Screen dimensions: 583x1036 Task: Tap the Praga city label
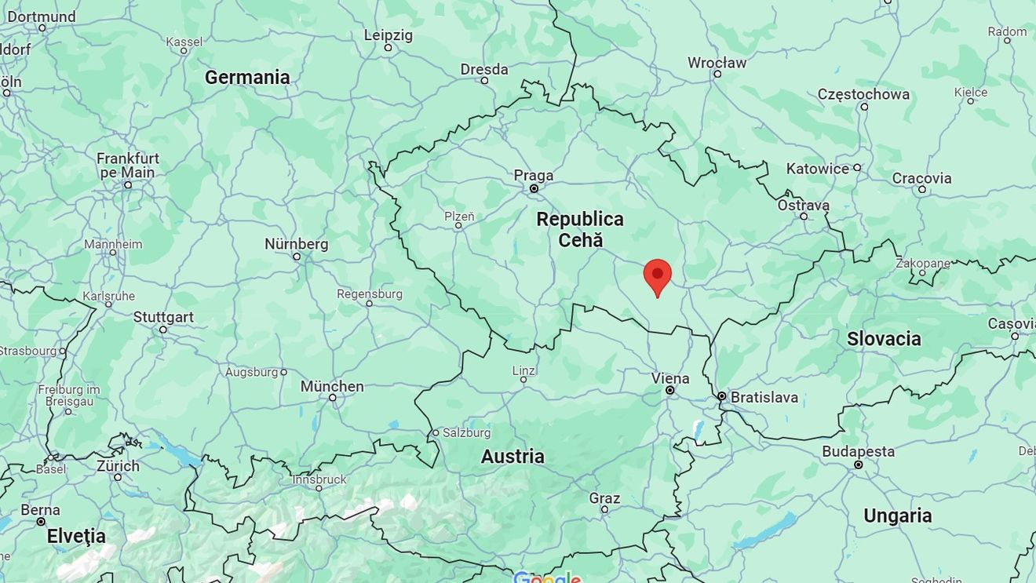point(534,176)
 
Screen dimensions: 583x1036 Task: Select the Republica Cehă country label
point(580,230)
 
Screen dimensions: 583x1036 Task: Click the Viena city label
point(670,378)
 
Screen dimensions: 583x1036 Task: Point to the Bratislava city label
point(764,397)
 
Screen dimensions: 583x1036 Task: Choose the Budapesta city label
point(858,452)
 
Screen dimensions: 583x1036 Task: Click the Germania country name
point(247,77)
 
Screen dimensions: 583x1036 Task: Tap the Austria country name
point(513,457)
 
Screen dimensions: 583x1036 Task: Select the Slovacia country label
point(884,339)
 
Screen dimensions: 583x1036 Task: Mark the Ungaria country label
point(898,516)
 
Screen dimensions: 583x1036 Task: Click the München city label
point(332,386)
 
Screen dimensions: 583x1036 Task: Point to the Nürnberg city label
point(296,244)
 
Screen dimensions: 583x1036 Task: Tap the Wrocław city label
point(717,63)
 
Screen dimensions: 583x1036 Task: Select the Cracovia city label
point(921,178)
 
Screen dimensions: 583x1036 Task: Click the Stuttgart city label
point(163,317)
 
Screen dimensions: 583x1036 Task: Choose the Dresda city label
point(484,69)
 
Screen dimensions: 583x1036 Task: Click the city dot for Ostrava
point(804,216)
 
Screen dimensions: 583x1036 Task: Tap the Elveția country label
point(76,537)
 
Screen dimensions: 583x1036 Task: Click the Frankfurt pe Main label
point(128,165)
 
